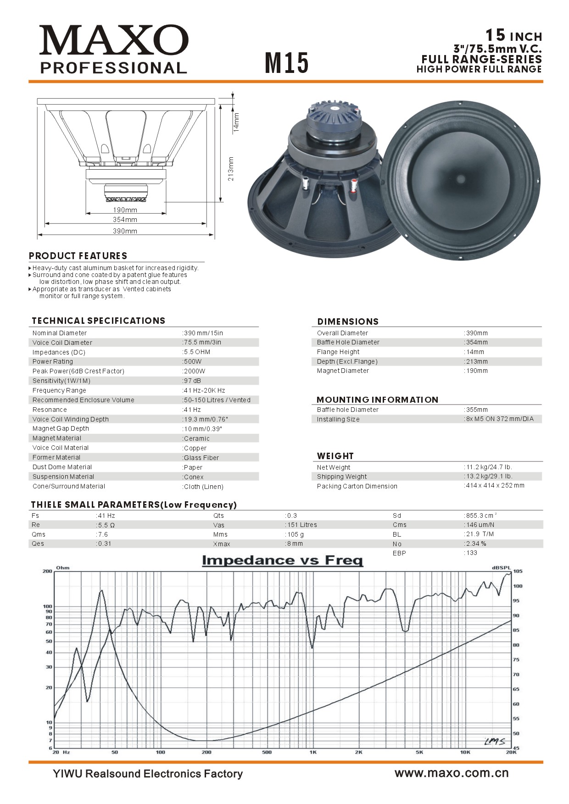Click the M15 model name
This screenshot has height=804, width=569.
tap(287, 63)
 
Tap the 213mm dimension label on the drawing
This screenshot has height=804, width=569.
tap(231, 169)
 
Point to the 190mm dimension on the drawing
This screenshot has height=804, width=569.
tap(125, 210)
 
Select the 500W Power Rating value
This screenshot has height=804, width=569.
tap(193, 361)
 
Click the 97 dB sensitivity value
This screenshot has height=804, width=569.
tap(192, 381)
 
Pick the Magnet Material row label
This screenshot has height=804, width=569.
tap(56, 438)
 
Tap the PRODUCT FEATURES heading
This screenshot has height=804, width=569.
tap(78, 256)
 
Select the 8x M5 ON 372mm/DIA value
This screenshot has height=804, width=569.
tap(500, 419)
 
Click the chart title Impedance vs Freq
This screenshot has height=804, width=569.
tap(282, 560)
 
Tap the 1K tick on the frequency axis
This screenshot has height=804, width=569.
tap(313, 752)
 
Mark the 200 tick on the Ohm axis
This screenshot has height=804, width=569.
tap(47, 571)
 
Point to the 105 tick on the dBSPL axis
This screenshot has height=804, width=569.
tap(517, 571)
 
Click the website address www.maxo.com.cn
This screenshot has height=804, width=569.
tap(452, 773)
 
